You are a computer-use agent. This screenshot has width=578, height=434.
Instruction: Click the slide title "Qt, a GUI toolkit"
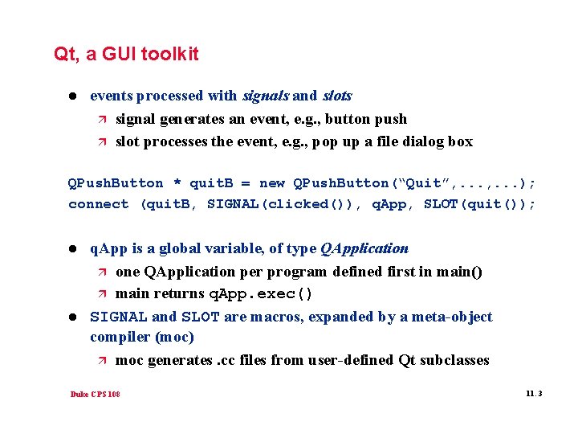pos(126,55)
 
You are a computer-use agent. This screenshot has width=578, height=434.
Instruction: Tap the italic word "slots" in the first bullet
pos(337,96)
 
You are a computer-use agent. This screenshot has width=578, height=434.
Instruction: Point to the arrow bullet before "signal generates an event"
pos(100,119)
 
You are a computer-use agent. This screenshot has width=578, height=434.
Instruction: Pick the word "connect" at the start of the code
pos(98,204)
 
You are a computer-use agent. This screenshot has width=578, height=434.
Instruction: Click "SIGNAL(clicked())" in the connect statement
pos(279,204)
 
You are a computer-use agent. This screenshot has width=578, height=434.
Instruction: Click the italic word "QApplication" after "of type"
pos(364,248)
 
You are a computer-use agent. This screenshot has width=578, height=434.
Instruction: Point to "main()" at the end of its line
pos(459,272)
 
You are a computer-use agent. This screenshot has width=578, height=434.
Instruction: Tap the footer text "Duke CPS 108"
pos(96,395)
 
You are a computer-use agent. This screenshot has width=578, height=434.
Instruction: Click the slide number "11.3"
pos(534,394)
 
